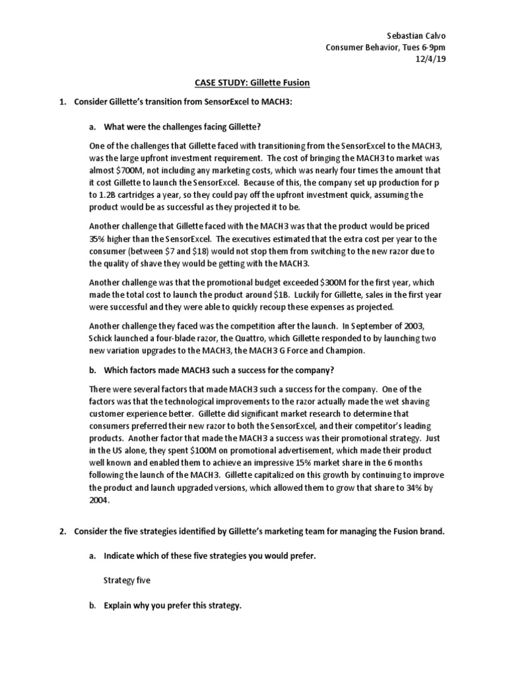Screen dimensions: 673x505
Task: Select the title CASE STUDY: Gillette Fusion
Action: click(x=252, y=83)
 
